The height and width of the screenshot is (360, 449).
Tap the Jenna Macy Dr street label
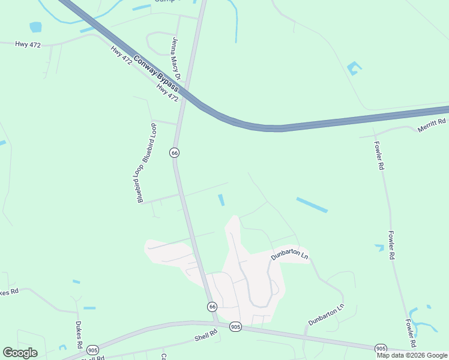click(176, 55)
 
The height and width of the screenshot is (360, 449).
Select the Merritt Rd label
click(433, 124)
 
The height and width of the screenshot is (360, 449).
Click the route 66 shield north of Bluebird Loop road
click(175, 153)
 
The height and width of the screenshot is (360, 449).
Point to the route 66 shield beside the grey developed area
click(212, 307)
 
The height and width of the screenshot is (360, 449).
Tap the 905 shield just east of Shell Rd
click(235, 327)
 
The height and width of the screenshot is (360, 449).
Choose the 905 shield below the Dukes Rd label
click(92, 350)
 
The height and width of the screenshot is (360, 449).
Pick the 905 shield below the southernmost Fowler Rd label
click(381, 349)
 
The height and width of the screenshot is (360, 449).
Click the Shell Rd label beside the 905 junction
click(205, 338)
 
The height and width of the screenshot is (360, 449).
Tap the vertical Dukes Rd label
click(79, 335)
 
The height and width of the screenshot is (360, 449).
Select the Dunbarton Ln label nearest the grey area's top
click(289, 254)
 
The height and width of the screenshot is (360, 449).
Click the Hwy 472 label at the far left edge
click(28, 45)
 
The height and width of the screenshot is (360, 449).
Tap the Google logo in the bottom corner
click(20, 353)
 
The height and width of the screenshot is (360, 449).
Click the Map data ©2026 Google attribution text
click(412, 355)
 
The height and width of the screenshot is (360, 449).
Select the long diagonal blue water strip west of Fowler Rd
click(312, 205)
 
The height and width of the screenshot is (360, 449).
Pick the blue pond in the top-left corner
click(36, 27)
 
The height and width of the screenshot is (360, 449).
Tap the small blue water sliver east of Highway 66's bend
click(221, 200)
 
